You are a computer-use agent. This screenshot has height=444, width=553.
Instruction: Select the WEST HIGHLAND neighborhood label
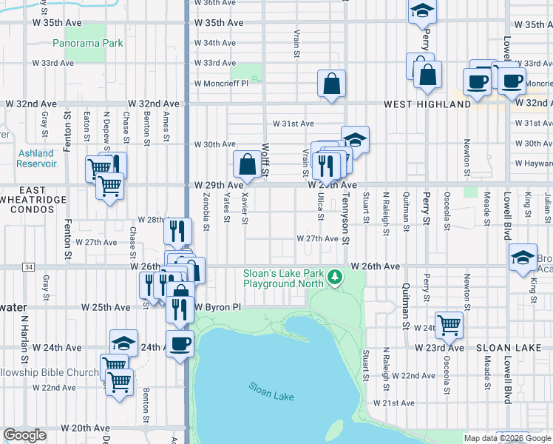(x=427, y=104)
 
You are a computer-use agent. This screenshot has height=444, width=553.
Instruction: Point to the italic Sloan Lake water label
(x=271, y=391)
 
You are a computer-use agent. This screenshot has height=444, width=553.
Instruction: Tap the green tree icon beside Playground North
(x=336, y=276)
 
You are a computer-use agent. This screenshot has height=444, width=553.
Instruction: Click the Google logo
(x=25, y=435)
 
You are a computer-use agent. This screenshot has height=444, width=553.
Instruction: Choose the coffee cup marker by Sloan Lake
(x=180, y=343)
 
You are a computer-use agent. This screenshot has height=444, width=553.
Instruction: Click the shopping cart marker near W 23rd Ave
(x=449, y=324)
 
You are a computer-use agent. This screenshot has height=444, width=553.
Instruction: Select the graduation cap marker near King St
(x=523, y=257)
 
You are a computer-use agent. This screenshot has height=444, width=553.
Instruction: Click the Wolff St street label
(x=265, y=160)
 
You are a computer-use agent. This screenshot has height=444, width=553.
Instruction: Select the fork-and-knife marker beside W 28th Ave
(x=177, y=229)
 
